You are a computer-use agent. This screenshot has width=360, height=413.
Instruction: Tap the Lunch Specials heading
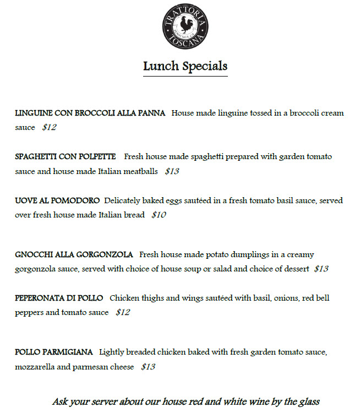185,67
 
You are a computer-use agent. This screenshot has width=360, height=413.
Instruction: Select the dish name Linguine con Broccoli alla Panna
90,113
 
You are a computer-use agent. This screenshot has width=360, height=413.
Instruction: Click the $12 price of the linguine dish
50,127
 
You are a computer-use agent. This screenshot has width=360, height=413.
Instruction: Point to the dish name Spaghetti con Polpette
66,156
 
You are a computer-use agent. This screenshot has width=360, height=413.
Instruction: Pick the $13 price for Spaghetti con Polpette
172,171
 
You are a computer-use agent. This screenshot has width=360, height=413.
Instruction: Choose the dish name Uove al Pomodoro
57,200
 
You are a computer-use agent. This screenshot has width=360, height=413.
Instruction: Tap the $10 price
159,215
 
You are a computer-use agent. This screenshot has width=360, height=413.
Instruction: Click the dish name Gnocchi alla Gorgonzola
74,254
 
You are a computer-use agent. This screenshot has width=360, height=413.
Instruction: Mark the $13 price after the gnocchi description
321,269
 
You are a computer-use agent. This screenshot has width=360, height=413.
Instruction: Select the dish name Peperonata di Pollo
59,298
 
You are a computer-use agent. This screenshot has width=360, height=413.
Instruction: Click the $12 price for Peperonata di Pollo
123,312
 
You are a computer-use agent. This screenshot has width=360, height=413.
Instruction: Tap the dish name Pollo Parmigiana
54,351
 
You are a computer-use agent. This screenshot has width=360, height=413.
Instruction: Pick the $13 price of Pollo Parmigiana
148,366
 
